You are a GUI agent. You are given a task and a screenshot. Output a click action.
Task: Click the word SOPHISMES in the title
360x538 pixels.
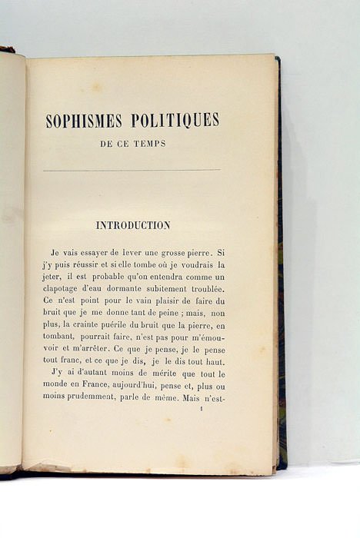click(82, 121)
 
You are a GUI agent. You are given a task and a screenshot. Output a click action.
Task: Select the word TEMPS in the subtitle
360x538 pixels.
click(150, 143)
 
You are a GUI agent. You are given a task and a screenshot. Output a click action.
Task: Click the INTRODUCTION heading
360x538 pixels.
click(132, 225)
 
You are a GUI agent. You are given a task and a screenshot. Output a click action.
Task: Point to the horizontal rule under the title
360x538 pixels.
click(132, 171)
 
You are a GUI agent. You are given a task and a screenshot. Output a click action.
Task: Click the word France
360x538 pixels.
click(94, 387)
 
